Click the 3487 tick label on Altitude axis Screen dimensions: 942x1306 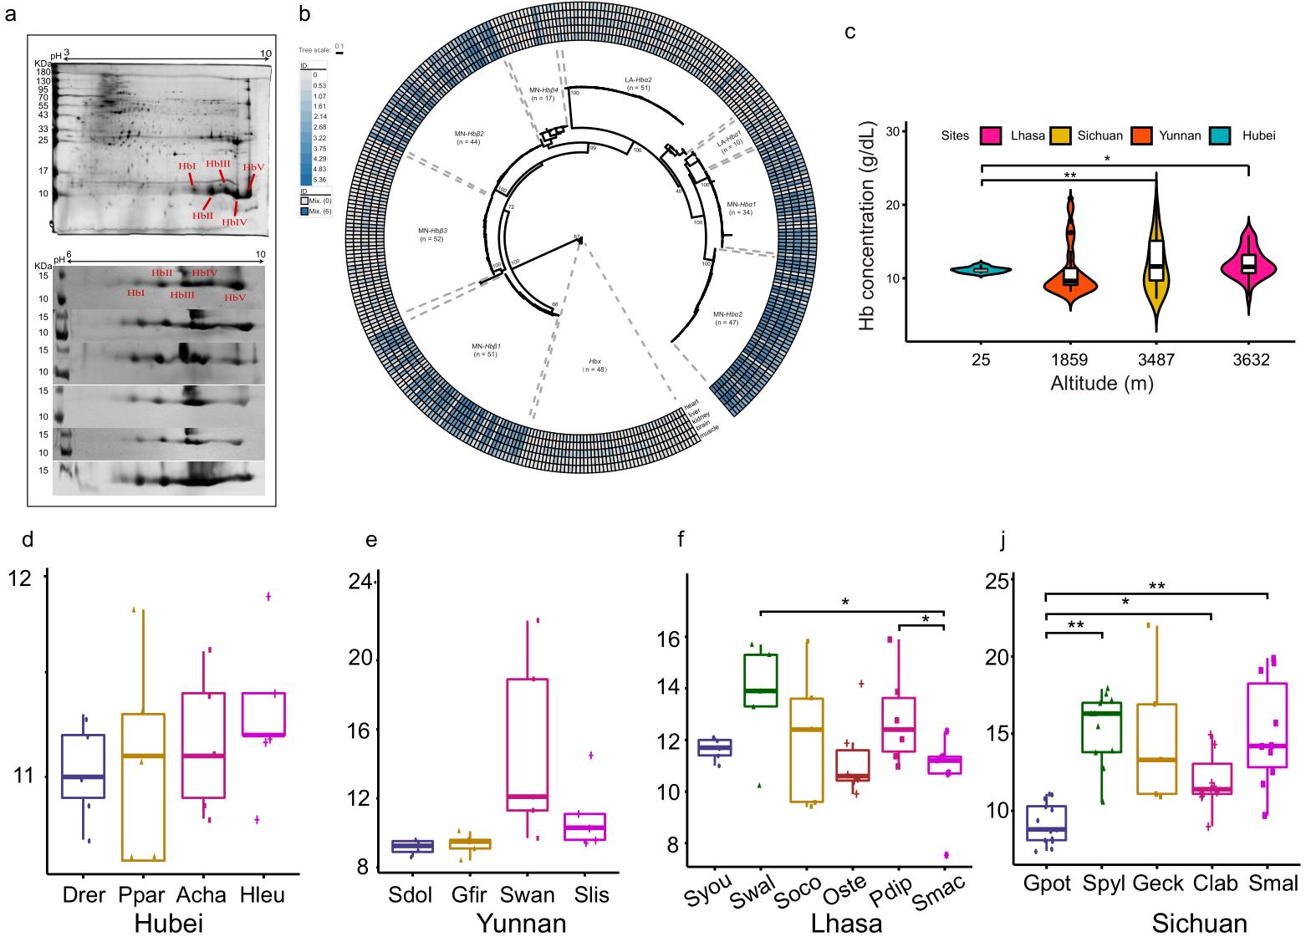(1156, 361)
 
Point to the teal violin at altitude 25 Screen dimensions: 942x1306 (981, 269)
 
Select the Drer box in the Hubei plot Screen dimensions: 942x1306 (83, 766)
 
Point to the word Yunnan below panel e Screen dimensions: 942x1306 (520, 924)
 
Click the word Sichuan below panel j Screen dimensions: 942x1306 (1200, 924)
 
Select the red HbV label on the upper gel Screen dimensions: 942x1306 (253, 167)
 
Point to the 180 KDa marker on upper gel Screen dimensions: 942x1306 (43, 72)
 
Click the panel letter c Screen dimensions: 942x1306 (850, 33)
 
